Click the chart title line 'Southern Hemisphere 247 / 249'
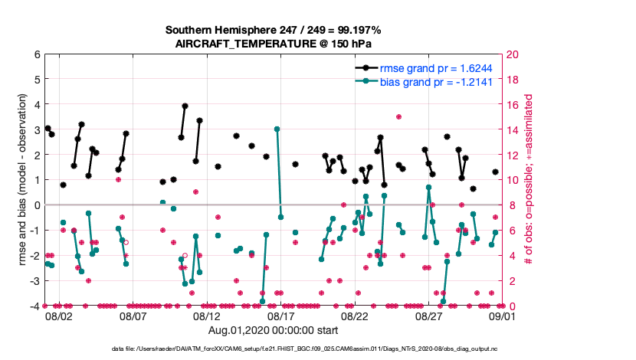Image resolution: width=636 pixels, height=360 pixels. (x=274, y=30)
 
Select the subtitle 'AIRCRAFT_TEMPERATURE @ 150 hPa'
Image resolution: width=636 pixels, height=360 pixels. (x=274, y=44)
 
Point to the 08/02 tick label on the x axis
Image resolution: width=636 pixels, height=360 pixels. (x=59, y=316)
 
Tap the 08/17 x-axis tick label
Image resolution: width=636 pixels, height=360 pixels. (x=280, y=316)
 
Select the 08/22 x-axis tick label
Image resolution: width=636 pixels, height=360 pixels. (x=355, y=316)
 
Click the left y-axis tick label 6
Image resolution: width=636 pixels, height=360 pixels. (x=36, y=54)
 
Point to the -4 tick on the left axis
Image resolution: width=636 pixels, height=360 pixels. (x=34, y=306)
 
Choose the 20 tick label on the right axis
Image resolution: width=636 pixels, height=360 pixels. (x=513, y=54)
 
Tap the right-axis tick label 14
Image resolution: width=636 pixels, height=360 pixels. (x=513, y=129)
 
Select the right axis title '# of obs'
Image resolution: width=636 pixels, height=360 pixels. (x=529, y=180)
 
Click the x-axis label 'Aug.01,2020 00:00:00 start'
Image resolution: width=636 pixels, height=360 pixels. (x=274, y=330)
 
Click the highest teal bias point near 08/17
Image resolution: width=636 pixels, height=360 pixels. (x=277, y=129)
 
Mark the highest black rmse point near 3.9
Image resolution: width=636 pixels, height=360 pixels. (x=185, y=106)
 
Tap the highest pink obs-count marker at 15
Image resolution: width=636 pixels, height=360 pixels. (x=398, y=116)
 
